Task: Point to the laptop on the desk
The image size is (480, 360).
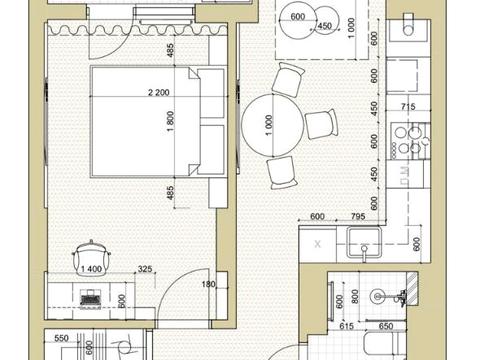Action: pos(90,297)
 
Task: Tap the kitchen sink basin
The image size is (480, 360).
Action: pos(364,246)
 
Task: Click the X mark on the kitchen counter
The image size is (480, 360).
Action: pos(318,243)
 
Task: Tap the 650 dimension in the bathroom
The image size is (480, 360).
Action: pos(385,326)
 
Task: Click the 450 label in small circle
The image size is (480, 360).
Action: pos(323,26)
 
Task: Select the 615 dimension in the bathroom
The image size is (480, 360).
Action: pos(348,326)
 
